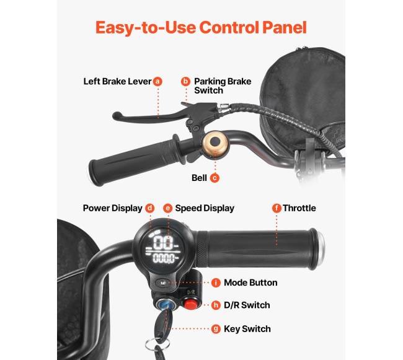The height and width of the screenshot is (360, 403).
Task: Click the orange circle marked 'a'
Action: [157, 81]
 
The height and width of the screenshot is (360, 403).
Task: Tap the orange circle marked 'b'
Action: [185, 81]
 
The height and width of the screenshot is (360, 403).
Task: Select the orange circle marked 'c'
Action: [215, 178]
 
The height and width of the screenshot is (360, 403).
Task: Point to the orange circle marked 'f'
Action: [277, 208]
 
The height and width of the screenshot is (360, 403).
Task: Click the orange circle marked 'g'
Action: [216, 328]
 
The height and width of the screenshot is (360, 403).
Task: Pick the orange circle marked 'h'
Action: [216, 305]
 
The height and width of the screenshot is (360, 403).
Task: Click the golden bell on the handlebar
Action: [215, 143]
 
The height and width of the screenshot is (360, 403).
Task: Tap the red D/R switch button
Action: [191, 304]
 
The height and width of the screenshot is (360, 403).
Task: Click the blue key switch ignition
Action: [166, 304]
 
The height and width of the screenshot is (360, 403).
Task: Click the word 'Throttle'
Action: [299, 208]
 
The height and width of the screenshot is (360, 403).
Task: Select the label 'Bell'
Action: [199, 178]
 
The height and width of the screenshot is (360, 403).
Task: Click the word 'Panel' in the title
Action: [285, 27]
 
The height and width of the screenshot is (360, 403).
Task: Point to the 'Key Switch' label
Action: [247, 329]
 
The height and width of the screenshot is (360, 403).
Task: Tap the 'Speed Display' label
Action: [205, 208]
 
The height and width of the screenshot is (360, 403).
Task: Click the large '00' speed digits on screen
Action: [164, 242]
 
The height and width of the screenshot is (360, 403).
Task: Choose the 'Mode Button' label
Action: [250, 283]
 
